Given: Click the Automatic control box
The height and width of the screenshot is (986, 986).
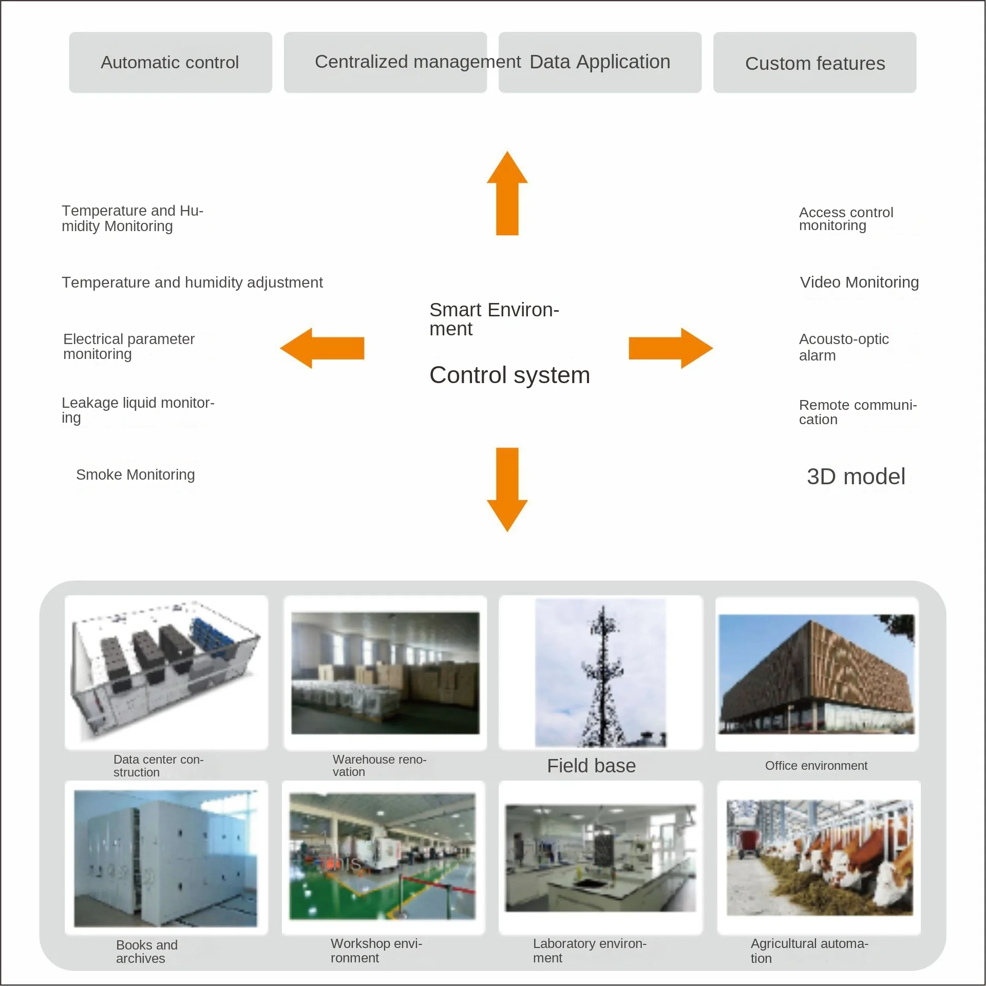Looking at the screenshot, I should [170, 63].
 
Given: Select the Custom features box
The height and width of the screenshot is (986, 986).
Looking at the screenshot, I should [814, 63].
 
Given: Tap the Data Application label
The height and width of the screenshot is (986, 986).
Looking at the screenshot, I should [600, 62].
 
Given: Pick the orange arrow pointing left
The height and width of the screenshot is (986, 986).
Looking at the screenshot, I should [323, 348].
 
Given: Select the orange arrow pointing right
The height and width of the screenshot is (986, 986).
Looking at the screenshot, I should [670, 348].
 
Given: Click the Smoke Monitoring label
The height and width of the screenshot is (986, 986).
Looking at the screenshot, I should [136, 475].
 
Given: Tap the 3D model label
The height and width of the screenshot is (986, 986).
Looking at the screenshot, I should [856, 477].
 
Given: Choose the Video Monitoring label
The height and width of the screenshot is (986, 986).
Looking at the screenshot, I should [859, 282].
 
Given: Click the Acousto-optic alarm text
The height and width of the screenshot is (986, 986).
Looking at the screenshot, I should [843, 347].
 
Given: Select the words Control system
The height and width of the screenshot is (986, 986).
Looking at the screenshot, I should [509, 375].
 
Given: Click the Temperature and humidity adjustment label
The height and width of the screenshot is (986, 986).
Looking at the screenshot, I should [192, 282].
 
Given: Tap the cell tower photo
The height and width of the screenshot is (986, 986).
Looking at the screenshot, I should [600, 672].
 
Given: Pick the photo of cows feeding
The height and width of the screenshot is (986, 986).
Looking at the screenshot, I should [819, 858].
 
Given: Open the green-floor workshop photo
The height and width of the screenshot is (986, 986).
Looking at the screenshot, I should [383, 857].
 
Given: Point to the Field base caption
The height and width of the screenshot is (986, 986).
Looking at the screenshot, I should [591, 766].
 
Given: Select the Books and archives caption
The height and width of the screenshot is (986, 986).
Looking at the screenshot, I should [147, 952].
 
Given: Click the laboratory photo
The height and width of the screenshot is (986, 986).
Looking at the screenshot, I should [600, 858].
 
